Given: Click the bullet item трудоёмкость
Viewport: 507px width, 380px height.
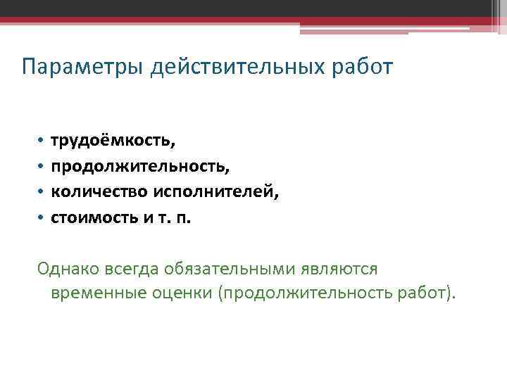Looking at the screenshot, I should click(113, 141).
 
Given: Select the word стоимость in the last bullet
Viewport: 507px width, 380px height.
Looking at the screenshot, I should click(92, 217).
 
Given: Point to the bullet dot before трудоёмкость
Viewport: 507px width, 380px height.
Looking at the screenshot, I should click(42, 141).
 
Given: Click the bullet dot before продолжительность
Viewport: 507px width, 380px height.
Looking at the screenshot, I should click(42, 167).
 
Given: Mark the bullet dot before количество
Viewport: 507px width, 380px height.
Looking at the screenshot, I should click(42, 192).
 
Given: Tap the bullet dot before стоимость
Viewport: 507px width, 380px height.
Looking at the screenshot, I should click(42, 217).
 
